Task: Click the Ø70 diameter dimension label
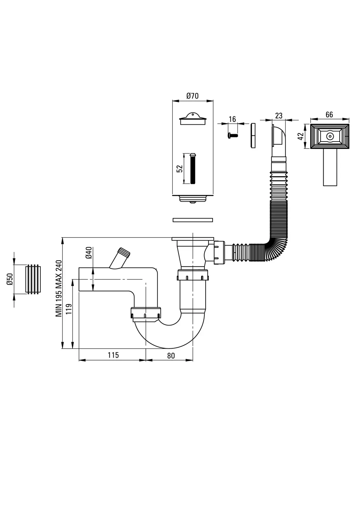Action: coord(192,96)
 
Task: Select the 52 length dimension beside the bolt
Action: coord(180,169)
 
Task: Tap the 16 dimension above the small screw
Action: coord(232,119)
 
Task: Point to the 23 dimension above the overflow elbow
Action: coord(279,116)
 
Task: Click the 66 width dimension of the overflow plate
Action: coord(329,115)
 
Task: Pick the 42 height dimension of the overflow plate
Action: coord(301,136)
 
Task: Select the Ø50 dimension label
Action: coord(10,279)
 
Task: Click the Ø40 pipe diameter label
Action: coord(88,253)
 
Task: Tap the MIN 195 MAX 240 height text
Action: coord(59,288)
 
